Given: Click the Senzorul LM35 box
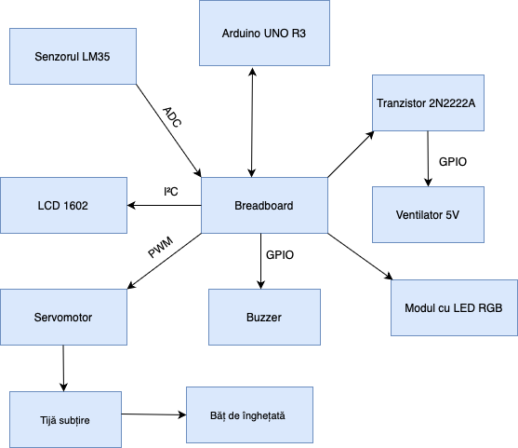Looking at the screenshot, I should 73,56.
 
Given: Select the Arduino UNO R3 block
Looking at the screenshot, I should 264,33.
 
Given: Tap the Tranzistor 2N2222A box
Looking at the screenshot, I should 428,102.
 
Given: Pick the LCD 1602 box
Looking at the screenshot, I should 63,205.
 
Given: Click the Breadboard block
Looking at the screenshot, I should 264,205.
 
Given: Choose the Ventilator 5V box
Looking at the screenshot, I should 428,215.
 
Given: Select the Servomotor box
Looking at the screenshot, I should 63,318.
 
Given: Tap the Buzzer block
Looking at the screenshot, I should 264,318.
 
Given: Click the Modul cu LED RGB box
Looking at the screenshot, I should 454,307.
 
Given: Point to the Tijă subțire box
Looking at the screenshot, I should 65,419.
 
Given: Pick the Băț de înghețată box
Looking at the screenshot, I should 249,414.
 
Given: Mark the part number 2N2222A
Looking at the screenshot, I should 456,102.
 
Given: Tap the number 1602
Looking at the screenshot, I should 76,205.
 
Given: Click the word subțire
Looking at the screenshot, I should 78,419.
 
